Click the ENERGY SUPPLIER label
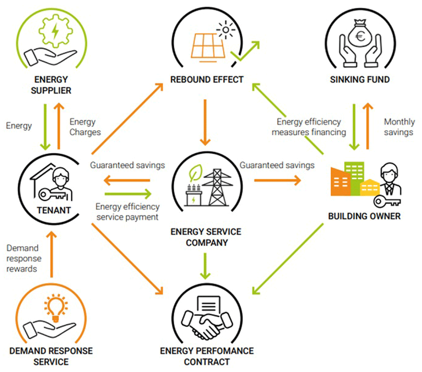[51, 85]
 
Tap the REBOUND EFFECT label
[207, 79]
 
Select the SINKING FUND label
[360, 79]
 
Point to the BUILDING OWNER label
[364, 216]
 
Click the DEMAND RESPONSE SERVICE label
[51, 356]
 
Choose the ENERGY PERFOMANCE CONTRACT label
[207, 356]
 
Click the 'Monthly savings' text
[398, 127]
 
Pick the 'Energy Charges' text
[85, 127]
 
